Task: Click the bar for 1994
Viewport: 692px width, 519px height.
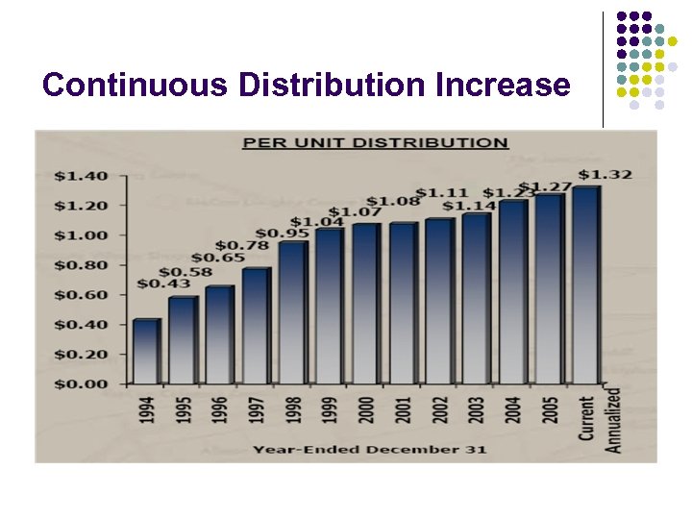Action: (146, 352)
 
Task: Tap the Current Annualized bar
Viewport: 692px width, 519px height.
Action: (585, 285)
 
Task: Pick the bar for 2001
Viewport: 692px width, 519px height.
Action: (403, 304)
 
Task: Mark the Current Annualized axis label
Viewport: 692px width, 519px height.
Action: (600, 420)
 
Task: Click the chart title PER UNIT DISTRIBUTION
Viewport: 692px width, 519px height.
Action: (375, 143)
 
